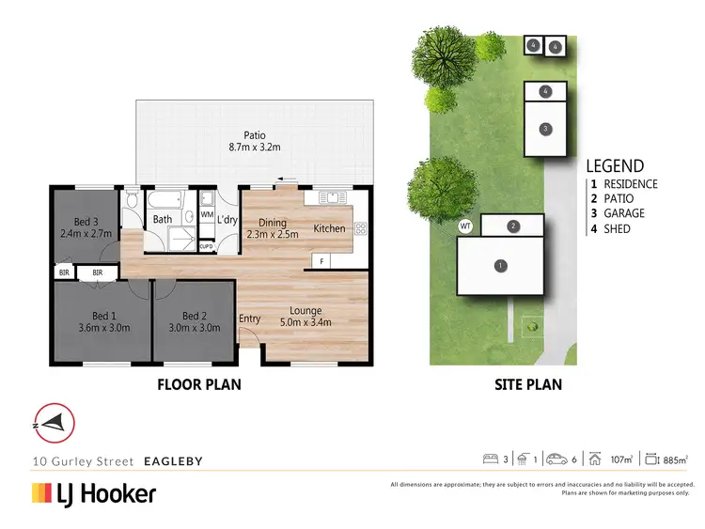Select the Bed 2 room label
point(195,316)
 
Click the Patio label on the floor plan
point(254,135)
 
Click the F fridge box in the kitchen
point(321,260)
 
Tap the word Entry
point(250,319)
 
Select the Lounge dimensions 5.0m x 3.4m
point(305,323)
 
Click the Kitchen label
point(329,228)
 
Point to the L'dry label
point(227,218)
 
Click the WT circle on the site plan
point(464,226)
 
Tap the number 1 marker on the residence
point(500,266)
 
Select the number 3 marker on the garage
point(544,128)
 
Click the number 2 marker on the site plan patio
point(513,226)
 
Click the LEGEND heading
point(615,165)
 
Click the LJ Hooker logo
point(94,493)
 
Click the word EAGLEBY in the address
point(173,461)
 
